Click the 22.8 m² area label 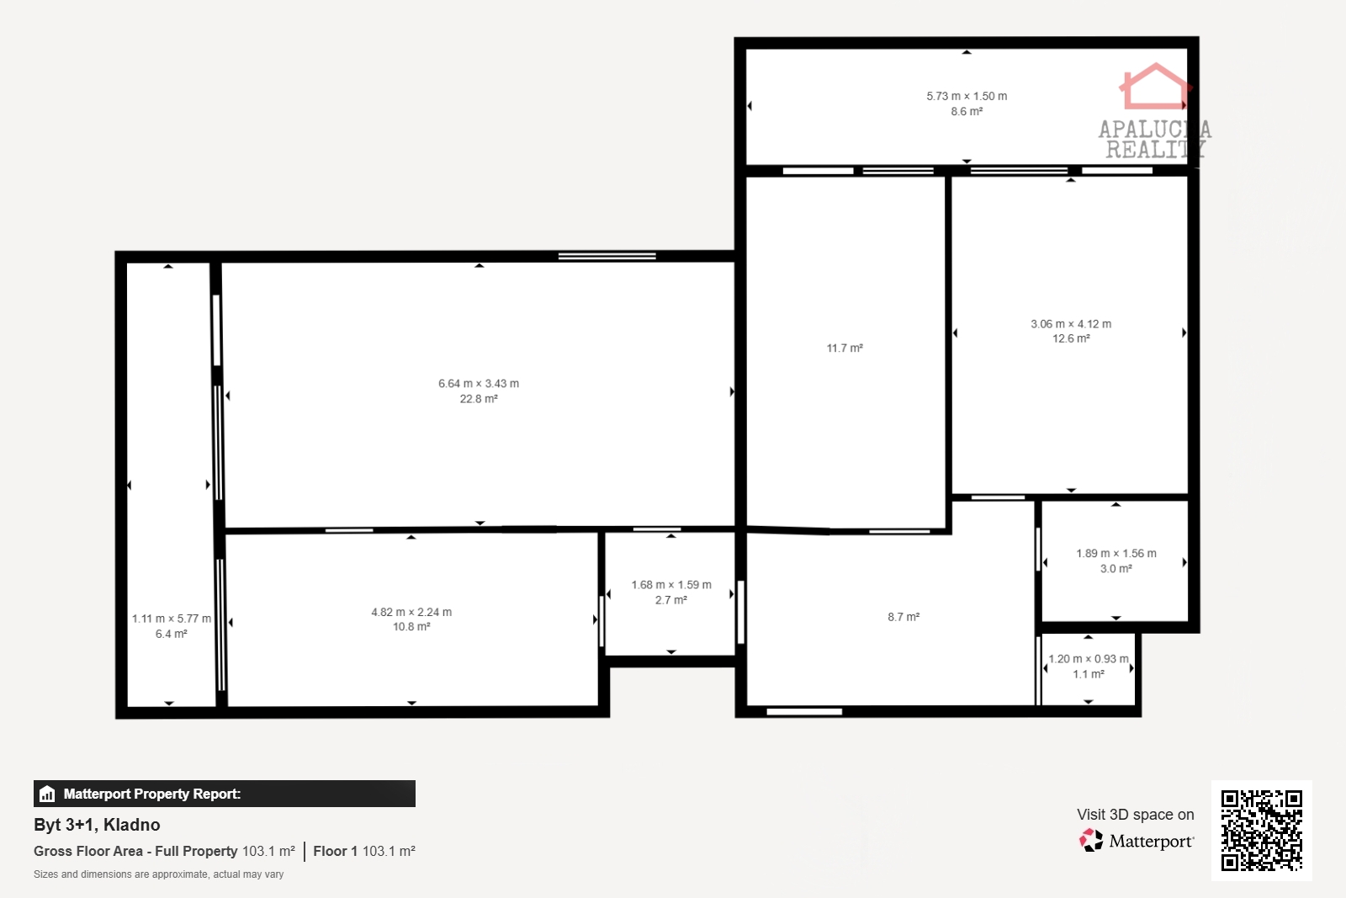pyautogui.click(x=479, y=399)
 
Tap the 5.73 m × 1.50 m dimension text pyautogui.click(x=967, y=96)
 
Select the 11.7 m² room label pyautogui.click(x=845, y=348)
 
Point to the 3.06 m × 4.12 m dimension pyautogui.click(x=1071, y=324)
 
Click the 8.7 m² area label pyautogui.click(x=904, y=617)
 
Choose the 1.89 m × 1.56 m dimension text pyautogui.click(x=1115, y=553)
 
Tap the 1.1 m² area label pyautogui.click(x=1089, y=674)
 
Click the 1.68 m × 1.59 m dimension pyautogui.click(x=671, y=585)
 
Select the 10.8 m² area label pyautogui.click(x=411, y=627)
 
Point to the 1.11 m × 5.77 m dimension pyautogui.click(x=172, y=619)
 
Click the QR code pyautogui.click(x=1261, y=831)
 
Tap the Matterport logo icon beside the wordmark pyautogui.click(x=1091, y=840)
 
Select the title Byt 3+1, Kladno pyautogui.click(x=97, y=825)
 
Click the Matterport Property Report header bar pyautogui.click(x=224, y=794)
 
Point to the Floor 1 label pyautogui.click(x=336, y=851)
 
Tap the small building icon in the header pyautogui.click(x=47, y=794)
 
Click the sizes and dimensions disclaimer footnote pyautogui.click(x=159, y=874)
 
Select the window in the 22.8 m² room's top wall pyautogui.click(x=607, y=257)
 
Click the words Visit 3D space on pyautogui.click(x=1135, y=815)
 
